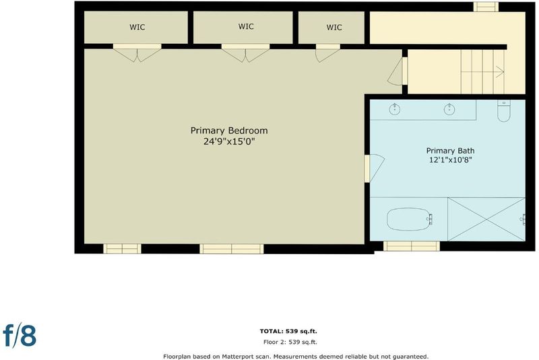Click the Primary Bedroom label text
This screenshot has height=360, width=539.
(x=229, y=131)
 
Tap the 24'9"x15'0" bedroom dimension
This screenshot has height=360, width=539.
(x=229, y=142)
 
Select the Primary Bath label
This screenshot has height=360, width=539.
(x=450, y=150)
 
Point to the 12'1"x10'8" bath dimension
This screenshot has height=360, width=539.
(x=450, y=160)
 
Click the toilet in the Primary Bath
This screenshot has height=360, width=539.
(x=503, y=111)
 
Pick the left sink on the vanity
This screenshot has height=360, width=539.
(x=395, y=109)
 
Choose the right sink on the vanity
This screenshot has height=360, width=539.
(x=449, y=109)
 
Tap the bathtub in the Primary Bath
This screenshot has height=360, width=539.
(x=409, y=219)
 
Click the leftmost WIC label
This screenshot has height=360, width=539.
(x=137, y=27)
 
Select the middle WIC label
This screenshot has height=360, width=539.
(x=246, y=26)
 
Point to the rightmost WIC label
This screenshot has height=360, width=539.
(x=334, y=27)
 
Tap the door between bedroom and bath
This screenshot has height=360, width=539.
(x=375, y=168)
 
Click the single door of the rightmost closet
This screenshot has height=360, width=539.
(x=327, y=53)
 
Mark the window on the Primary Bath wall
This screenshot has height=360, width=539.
(x=412, y=246)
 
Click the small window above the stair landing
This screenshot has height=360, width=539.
(x=486, y=7)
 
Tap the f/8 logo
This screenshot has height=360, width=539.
(x=20, y=336)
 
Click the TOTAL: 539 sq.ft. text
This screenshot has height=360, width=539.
(x=288, y=332)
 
